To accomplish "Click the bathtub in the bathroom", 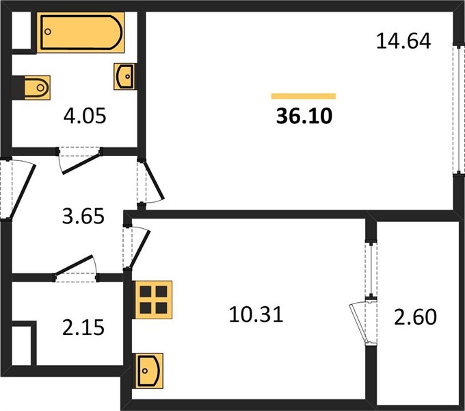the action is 81,32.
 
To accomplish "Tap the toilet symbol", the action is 37,88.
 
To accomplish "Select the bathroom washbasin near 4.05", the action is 125,76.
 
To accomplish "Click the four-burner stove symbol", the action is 154,299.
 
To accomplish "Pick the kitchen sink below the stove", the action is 150,371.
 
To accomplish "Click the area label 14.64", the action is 403,41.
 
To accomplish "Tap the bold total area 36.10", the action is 304,116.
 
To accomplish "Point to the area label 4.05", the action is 85,116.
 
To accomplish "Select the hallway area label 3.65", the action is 83,216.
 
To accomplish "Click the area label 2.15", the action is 83,327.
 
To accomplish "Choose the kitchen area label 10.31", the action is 256,314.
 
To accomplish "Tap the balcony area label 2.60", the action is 415,317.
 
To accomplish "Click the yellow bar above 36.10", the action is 304,96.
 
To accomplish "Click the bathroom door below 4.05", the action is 79,160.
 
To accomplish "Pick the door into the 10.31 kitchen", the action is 136,247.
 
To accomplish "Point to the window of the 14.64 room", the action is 459,109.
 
